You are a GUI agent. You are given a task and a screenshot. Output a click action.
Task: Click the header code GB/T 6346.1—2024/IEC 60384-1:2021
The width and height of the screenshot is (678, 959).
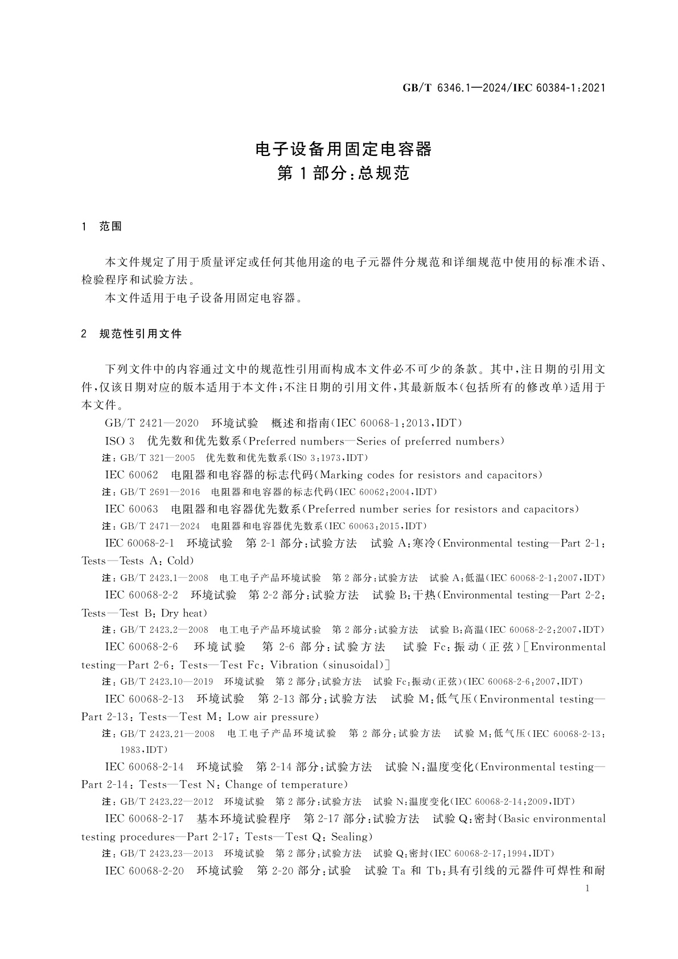[503, 88]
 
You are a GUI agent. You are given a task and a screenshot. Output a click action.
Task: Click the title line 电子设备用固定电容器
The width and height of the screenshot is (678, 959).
[343, 149]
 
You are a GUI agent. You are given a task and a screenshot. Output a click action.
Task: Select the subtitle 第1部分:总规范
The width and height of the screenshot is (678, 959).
[343, 174]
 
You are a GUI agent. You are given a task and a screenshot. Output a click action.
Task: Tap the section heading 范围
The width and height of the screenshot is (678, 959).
[111, 227]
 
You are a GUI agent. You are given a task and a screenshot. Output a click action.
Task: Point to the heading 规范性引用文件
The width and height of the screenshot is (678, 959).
[141, 334]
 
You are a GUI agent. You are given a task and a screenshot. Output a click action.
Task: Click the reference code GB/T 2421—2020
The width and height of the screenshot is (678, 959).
[152, 423]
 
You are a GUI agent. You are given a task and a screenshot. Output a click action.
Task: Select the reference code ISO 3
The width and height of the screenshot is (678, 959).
[120, 441]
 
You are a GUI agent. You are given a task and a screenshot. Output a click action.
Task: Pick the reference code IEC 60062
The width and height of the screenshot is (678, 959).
[132, 475]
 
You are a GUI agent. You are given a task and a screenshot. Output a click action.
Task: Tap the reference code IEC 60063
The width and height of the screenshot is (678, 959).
[132, 509]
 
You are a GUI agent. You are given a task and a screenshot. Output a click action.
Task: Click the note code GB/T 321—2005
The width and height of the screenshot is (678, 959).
[158, 458]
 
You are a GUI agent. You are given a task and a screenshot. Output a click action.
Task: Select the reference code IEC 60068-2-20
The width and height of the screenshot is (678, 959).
[145, 871]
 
